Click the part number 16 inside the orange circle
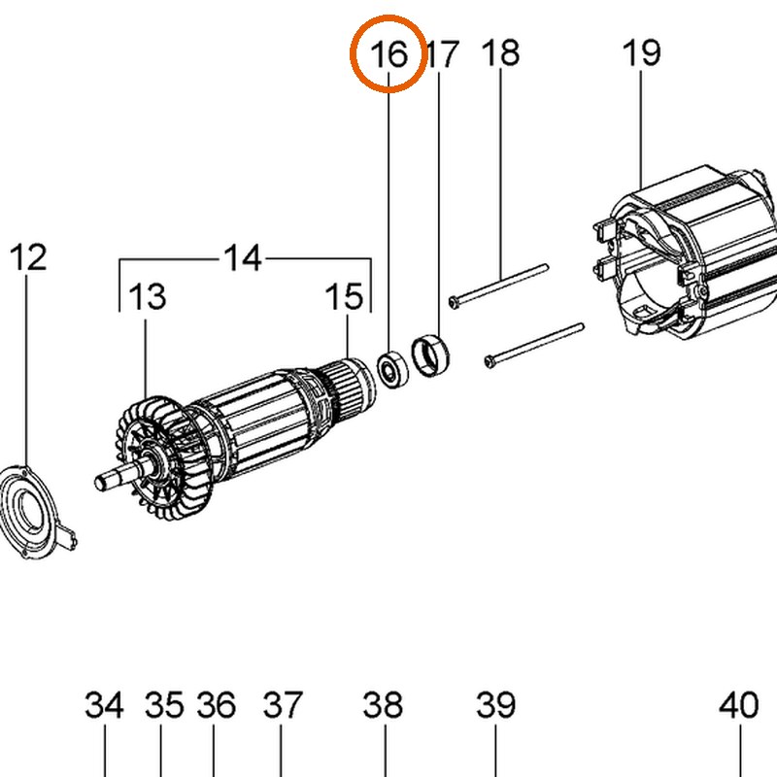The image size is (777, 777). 389,53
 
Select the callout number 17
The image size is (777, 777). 443,53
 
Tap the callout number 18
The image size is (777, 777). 500,52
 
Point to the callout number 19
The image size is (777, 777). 641,52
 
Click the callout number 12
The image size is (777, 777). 28,256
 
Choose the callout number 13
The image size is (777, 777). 148,296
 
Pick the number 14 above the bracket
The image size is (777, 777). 242,257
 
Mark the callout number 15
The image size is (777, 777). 345,296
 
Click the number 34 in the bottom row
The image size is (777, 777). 104,705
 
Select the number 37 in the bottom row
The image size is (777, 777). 283,705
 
